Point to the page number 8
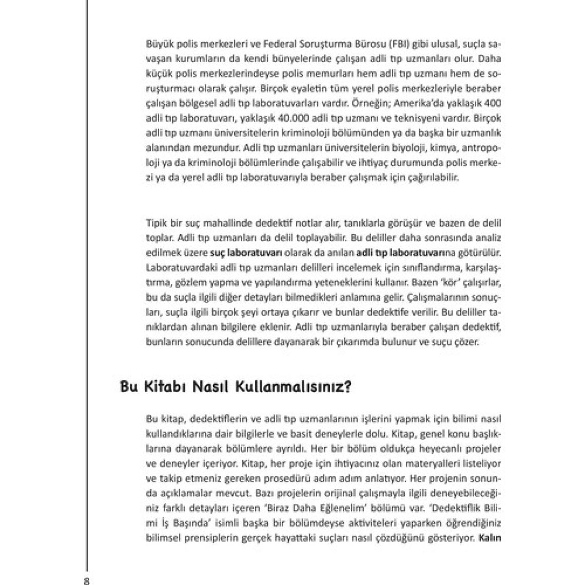pos(87,580)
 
